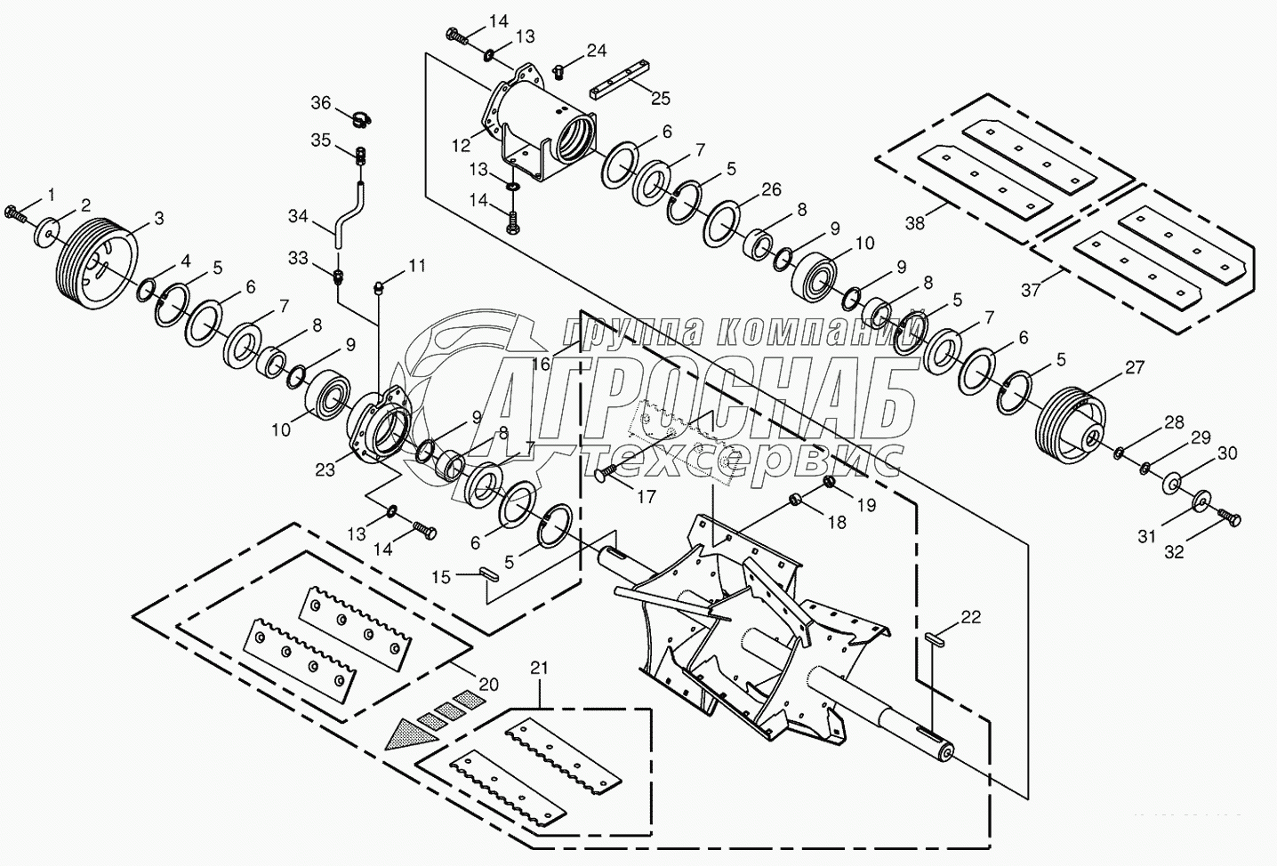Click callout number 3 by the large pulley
(159, 217)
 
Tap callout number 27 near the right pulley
(1134, 367)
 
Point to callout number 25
(661, 99)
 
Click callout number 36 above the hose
(320, 103)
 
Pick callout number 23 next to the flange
(325, 469)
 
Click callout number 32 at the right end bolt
(1174, 551)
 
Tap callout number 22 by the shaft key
(971, 617)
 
